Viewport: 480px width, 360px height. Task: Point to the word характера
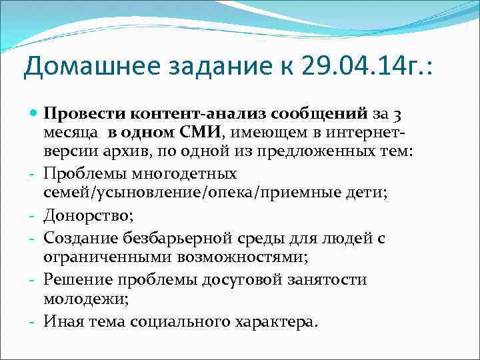coord(273,322)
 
